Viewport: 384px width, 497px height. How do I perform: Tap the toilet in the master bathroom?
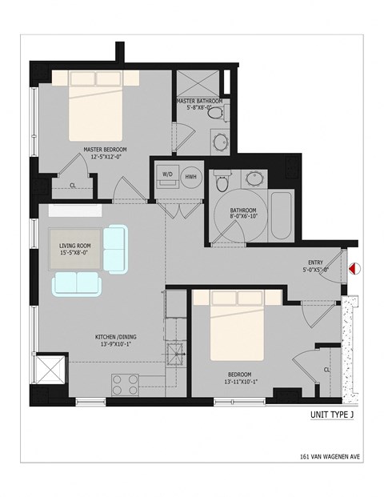(214, 117)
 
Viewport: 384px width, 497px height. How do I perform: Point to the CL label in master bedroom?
(73, 185)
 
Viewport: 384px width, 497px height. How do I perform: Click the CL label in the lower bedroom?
(327, 368)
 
